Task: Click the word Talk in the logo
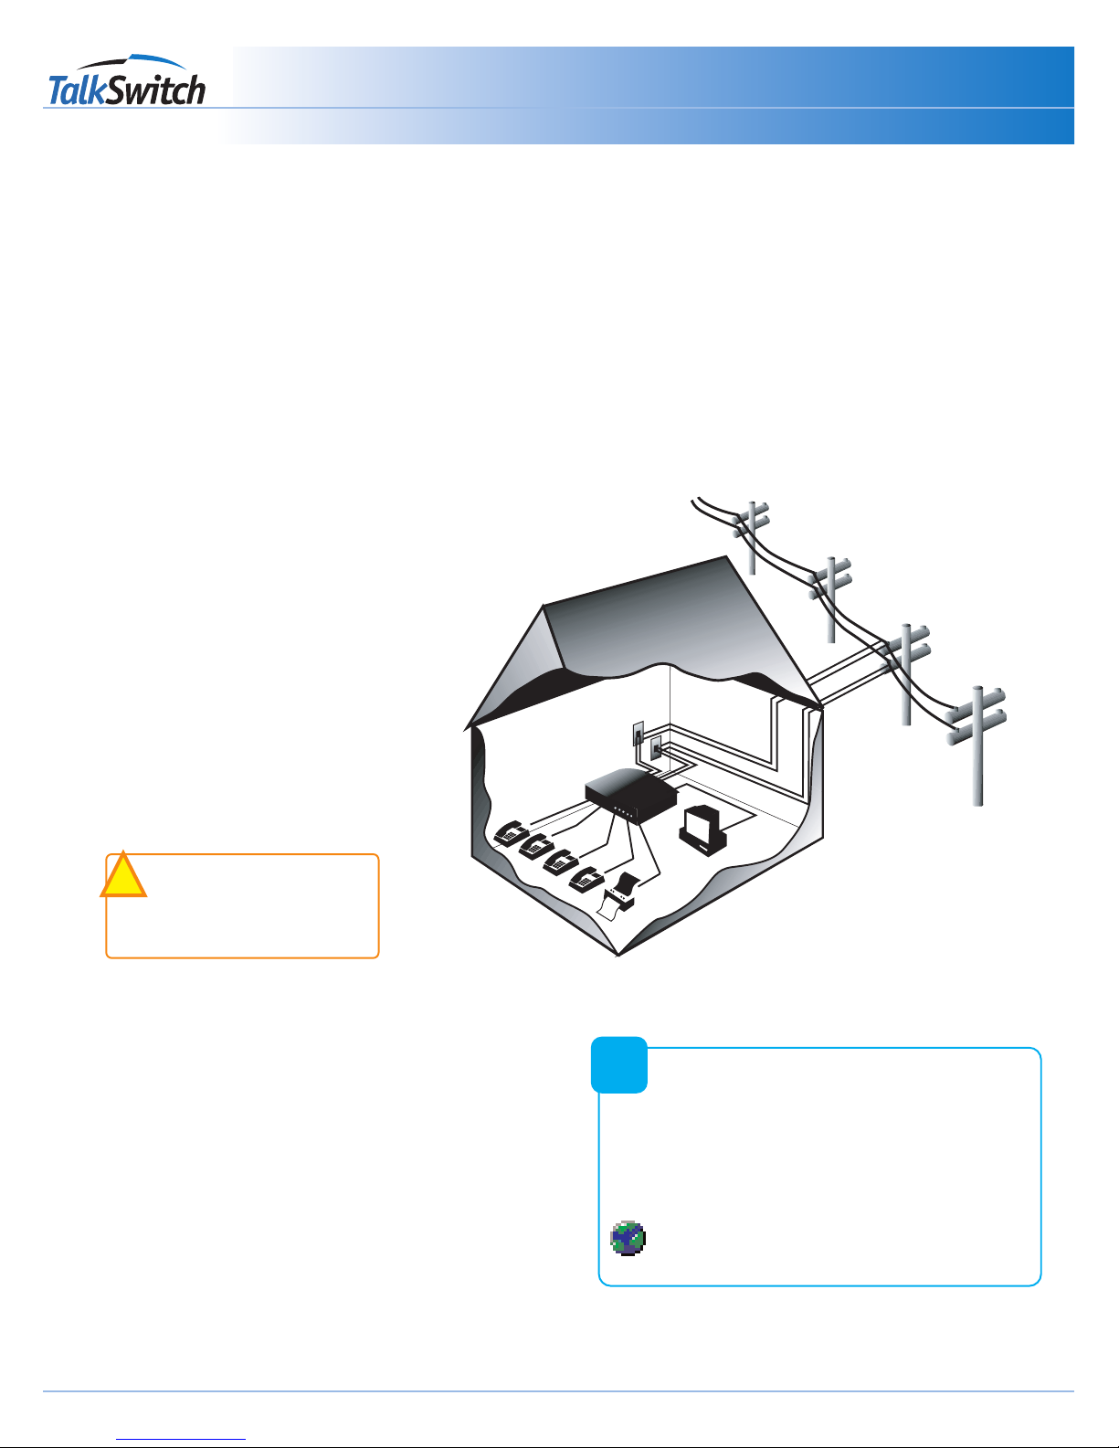pyautogui.click(x=78, y=90)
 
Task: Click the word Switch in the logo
pyautogui.click(x=156, y=90)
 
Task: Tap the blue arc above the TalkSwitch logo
pyautogui.click(x=132, y=62)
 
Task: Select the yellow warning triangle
pyautogui.click(x=123, y=874)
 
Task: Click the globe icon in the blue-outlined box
pyautogui.click(x=628, y=1238)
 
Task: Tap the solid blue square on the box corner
pyautogui.click(x=618, y=1065)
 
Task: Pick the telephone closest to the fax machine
pyautogui.click(x=586, y=879)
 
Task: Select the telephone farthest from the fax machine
pyautogui.click(x=511, y=833)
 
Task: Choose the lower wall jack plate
pyautogui.click(x=656, y=750)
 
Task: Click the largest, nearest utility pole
pyautogui.click(x=977, y=746)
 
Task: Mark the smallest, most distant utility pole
pyautogui.click(x=752, y=537)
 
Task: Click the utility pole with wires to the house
pyautogui.click(x=906, y=674)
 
